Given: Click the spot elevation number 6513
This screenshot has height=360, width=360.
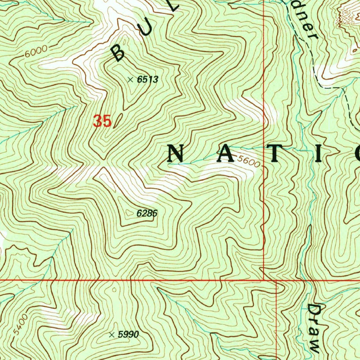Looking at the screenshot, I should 148,80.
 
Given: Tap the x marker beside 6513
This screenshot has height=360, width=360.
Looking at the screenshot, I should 130,80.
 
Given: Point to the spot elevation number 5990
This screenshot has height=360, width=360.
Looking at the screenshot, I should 128,335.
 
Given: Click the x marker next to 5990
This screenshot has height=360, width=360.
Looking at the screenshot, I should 112,335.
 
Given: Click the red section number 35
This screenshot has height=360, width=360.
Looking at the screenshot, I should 102,122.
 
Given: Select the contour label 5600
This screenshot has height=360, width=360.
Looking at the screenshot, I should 248,161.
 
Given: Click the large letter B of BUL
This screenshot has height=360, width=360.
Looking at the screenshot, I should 119,53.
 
